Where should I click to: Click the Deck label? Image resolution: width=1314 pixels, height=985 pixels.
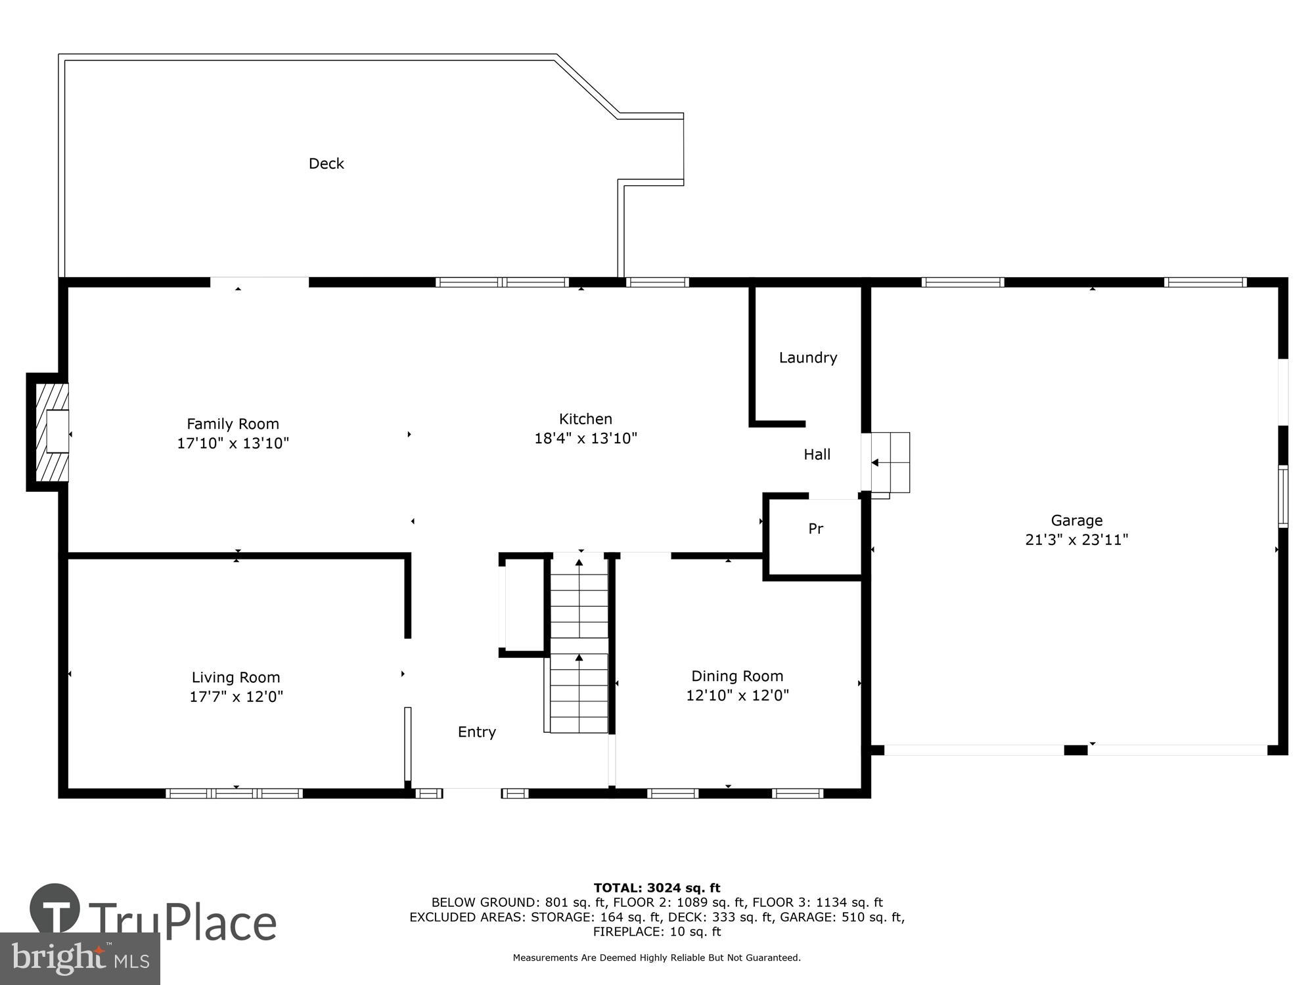point(326,164)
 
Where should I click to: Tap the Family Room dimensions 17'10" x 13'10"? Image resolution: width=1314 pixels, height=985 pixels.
point(233,443)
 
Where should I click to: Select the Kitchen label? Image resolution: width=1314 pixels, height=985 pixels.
point(585,419)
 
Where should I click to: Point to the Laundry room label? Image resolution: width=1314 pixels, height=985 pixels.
point(807,358)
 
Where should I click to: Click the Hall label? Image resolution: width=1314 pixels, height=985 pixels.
point(817,454)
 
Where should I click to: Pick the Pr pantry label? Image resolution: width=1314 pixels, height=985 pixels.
point(815,529)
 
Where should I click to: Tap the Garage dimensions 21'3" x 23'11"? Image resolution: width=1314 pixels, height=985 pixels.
point(1076,540)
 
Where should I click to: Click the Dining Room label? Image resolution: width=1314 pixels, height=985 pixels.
point(736,676)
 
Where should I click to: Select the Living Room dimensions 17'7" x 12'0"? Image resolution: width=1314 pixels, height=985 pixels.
point(236,697)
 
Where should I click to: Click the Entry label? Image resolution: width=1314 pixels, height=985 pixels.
point(476,732)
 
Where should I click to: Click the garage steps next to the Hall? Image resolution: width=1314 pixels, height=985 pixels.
point(890,462)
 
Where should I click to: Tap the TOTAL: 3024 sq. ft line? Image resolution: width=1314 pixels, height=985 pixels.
point(656,888)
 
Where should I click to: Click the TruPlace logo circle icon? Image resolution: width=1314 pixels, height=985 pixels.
point(55,909)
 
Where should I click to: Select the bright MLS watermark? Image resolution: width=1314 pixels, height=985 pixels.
point(79,959)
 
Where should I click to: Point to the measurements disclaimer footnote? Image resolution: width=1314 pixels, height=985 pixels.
point(656,958)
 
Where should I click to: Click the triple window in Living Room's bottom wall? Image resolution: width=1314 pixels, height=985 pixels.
point(234,793)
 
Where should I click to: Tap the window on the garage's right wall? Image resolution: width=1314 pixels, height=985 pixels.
point(1282,496)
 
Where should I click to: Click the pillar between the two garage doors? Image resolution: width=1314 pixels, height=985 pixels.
point(1076,750)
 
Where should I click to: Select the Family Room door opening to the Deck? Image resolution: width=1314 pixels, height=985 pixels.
point(259,282)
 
